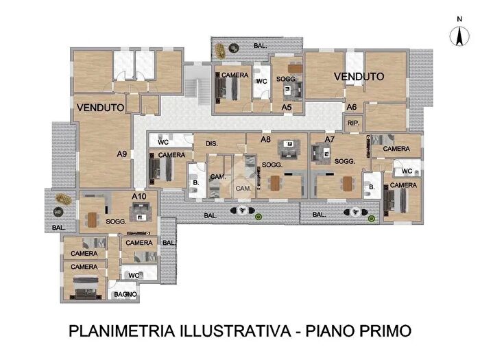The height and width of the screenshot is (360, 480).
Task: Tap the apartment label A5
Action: coord(287,107)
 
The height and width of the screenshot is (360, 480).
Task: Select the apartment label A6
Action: coord(351,107)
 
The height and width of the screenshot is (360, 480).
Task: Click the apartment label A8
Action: coord(265,139)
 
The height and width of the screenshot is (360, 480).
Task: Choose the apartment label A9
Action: coord(121,154)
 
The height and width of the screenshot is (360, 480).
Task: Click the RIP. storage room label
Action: coord(353,123)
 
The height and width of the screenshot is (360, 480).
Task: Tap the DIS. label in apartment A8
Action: coord(211,144)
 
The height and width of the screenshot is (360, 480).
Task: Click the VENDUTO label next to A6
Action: coord(359,77)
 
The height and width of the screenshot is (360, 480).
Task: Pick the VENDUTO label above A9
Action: coord(100,108)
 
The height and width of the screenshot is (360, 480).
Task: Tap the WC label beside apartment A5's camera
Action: coord(261,82)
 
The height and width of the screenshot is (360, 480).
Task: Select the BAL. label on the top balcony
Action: coord(261,46)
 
